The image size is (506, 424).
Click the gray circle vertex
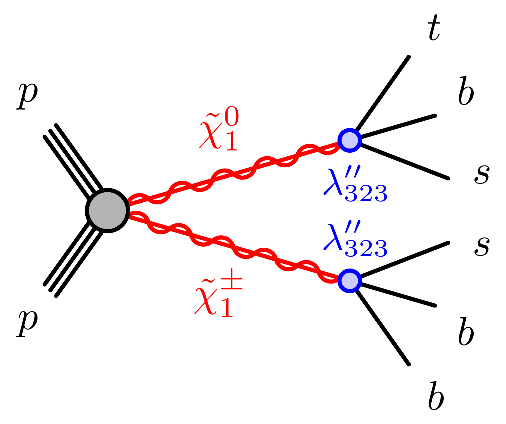click(108, 210)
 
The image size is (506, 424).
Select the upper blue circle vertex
click(350, 140)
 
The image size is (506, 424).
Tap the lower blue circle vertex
click(350, 281)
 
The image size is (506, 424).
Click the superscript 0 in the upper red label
click(232, 116)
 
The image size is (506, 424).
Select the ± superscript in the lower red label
click(232, 279)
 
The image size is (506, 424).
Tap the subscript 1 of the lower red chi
click(227, 308)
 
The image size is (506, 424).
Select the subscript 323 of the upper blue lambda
click(366, 193)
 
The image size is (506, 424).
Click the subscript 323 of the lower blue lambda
click(366, 248)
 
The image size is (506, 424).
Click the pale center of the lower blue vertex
click(350, 281)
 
